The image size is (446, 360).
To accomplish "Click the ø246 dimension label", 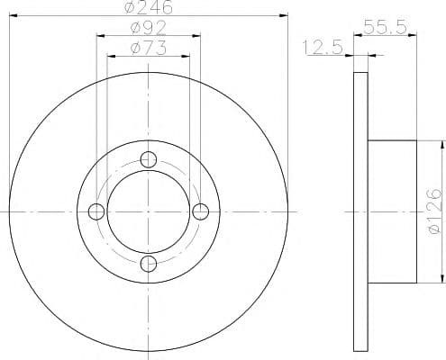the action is click(x=149, y=7).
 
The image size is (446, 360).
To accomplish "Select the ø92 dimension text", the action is click(x=149, y=28).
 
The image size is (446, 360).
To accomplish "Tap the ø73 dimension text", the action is click(x=149, y=48).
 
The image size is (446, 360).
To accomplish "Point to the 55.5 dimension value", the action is click(x=386, y=27).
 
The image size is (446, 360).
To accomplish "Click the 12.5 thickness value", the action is click(x=323, y=48).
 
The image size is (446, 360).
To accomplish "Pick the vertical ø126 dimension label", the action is click(x=435, y=211).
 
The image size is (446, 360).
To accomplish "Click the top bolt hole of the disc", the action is click(x=149, y=159).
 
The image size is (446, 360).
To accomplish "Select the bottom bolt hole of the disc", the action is click(x=149, y=264).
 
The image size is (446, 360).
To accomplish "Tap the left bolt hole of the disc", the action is click(x=96, y=211).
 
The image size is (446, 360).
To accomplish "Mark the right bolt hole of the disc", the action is click(x=200, y=211).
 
